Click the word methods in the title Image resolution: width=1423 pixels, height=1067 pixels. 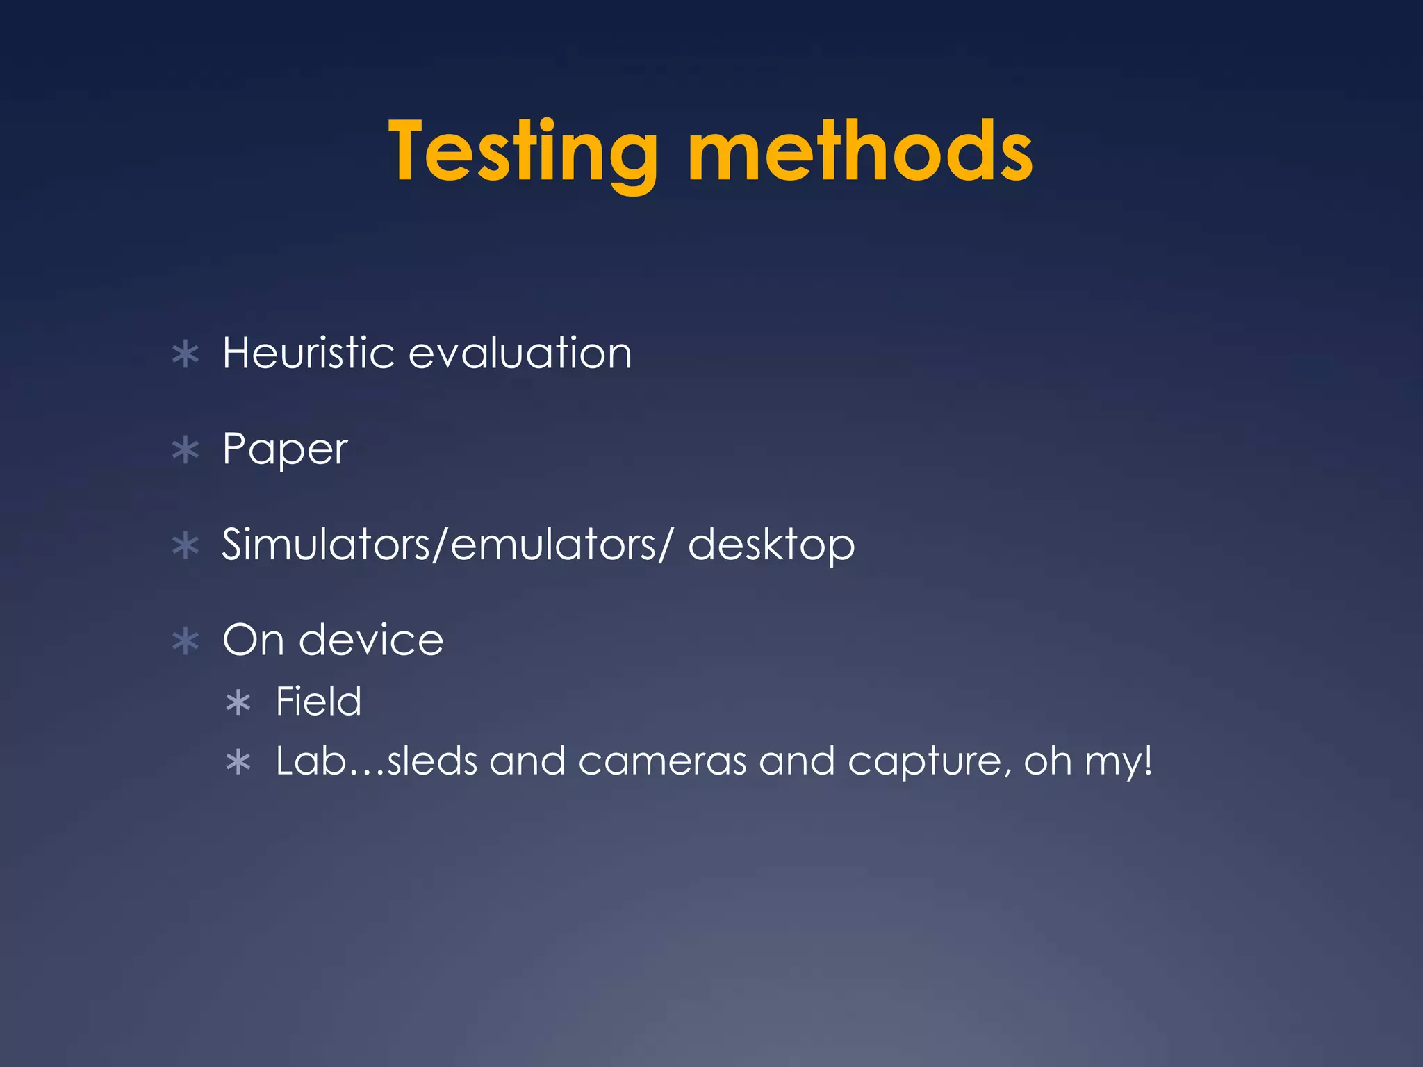859,151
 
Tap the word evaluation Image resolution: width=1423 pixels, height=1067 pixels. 520,353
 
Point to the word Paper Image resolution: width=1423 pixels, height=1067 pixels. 284,450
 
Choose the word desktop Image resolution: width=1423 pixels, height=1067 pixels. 771,545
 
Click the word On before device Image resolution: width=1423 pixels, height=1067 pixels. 253,640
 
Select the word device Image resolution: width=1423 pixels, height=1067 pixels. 371,640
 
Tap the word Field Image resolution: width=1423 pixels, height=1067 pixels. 318,701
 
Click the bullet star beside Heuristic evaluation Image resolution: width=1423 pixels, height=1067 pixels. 186,355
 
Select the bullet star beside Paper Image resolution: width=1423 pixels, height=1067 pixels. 186,451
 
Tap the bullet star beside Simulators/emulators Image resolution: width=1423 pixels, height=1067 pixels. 186,546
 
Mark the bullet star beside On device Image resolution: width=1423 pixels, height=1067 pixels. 186,641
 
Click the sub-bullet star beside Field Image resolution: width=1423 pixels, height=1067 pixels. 238,703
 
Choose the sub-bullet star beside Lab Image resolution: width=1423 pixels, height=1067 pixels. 238,763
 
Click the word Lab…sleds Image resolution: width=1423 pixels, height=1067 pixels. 377,761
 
